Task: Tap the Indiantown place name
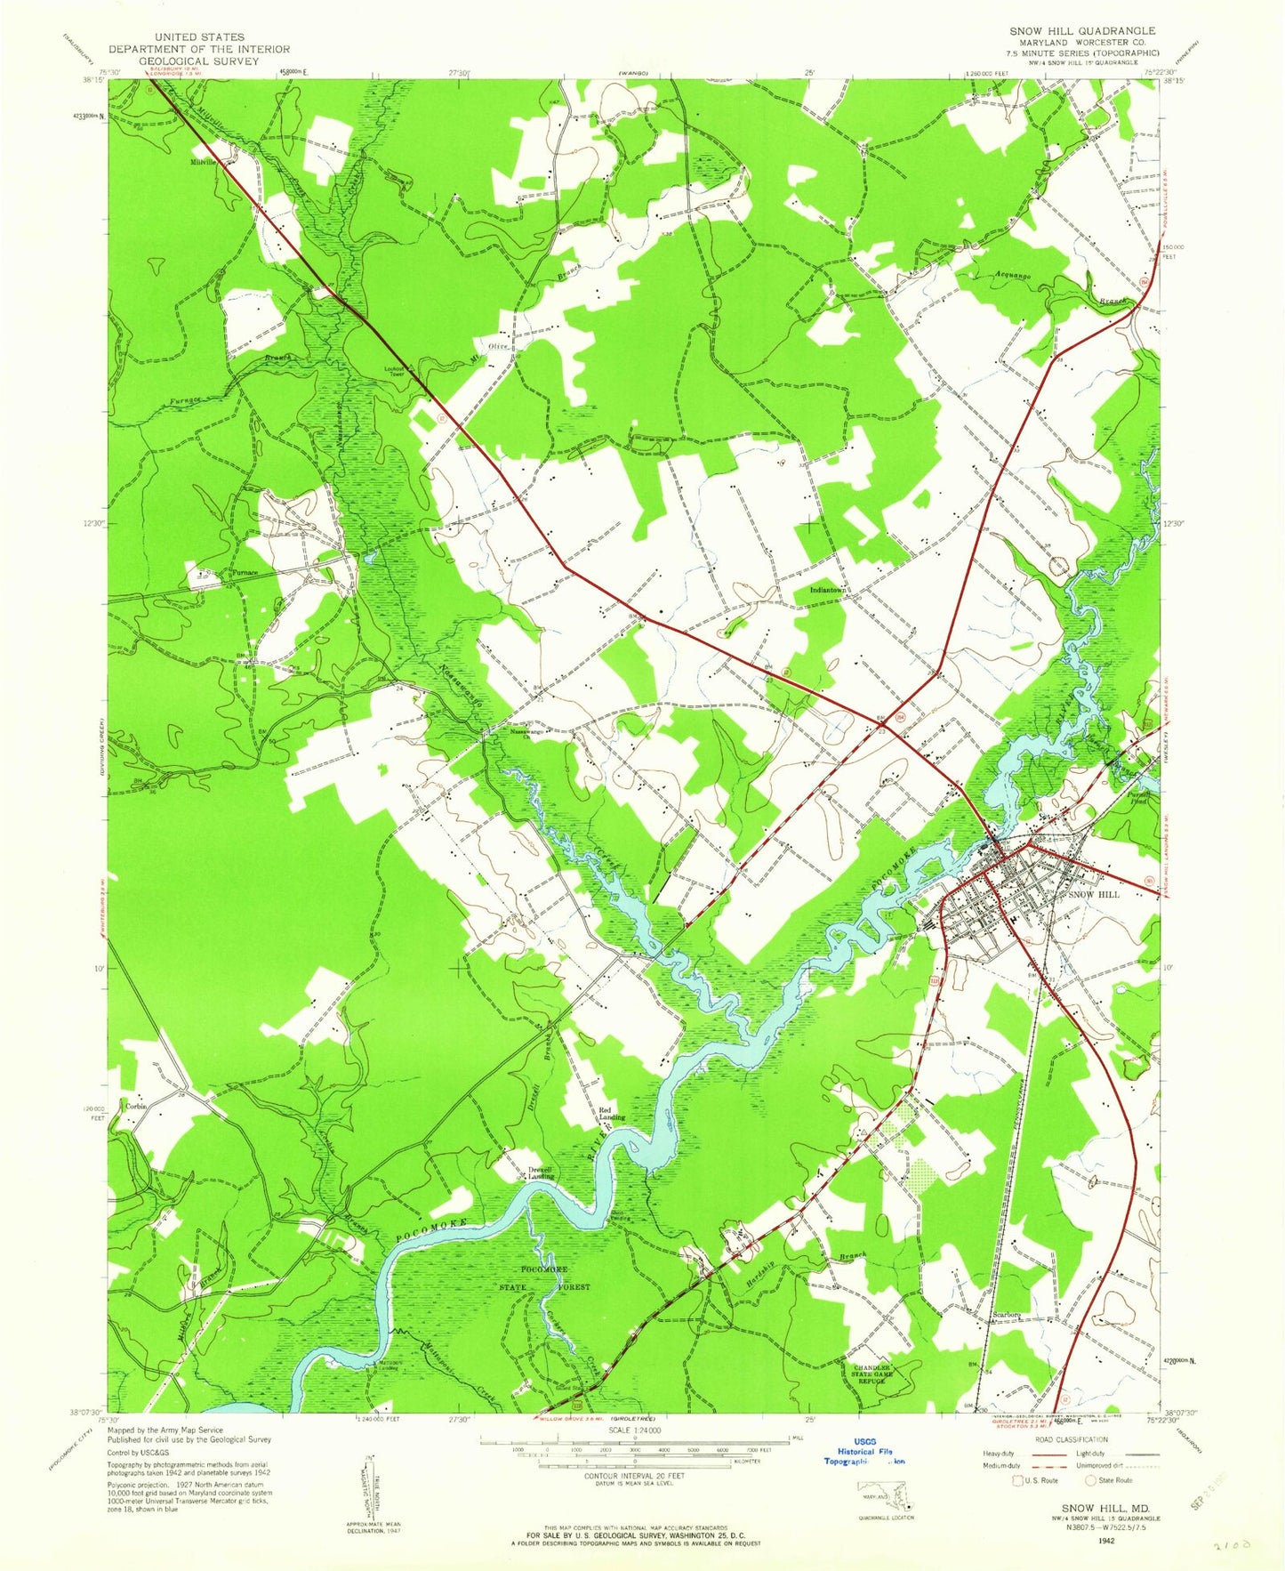click(x=827, y=590)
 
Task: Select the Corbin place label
click(x=135, y=1106)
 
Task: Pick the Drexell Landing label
click(x=541, y=1172)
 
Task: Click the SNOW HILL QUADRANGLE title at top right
click(x=1081, y=30)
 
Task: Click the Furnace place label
click(x=245, y=573)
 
